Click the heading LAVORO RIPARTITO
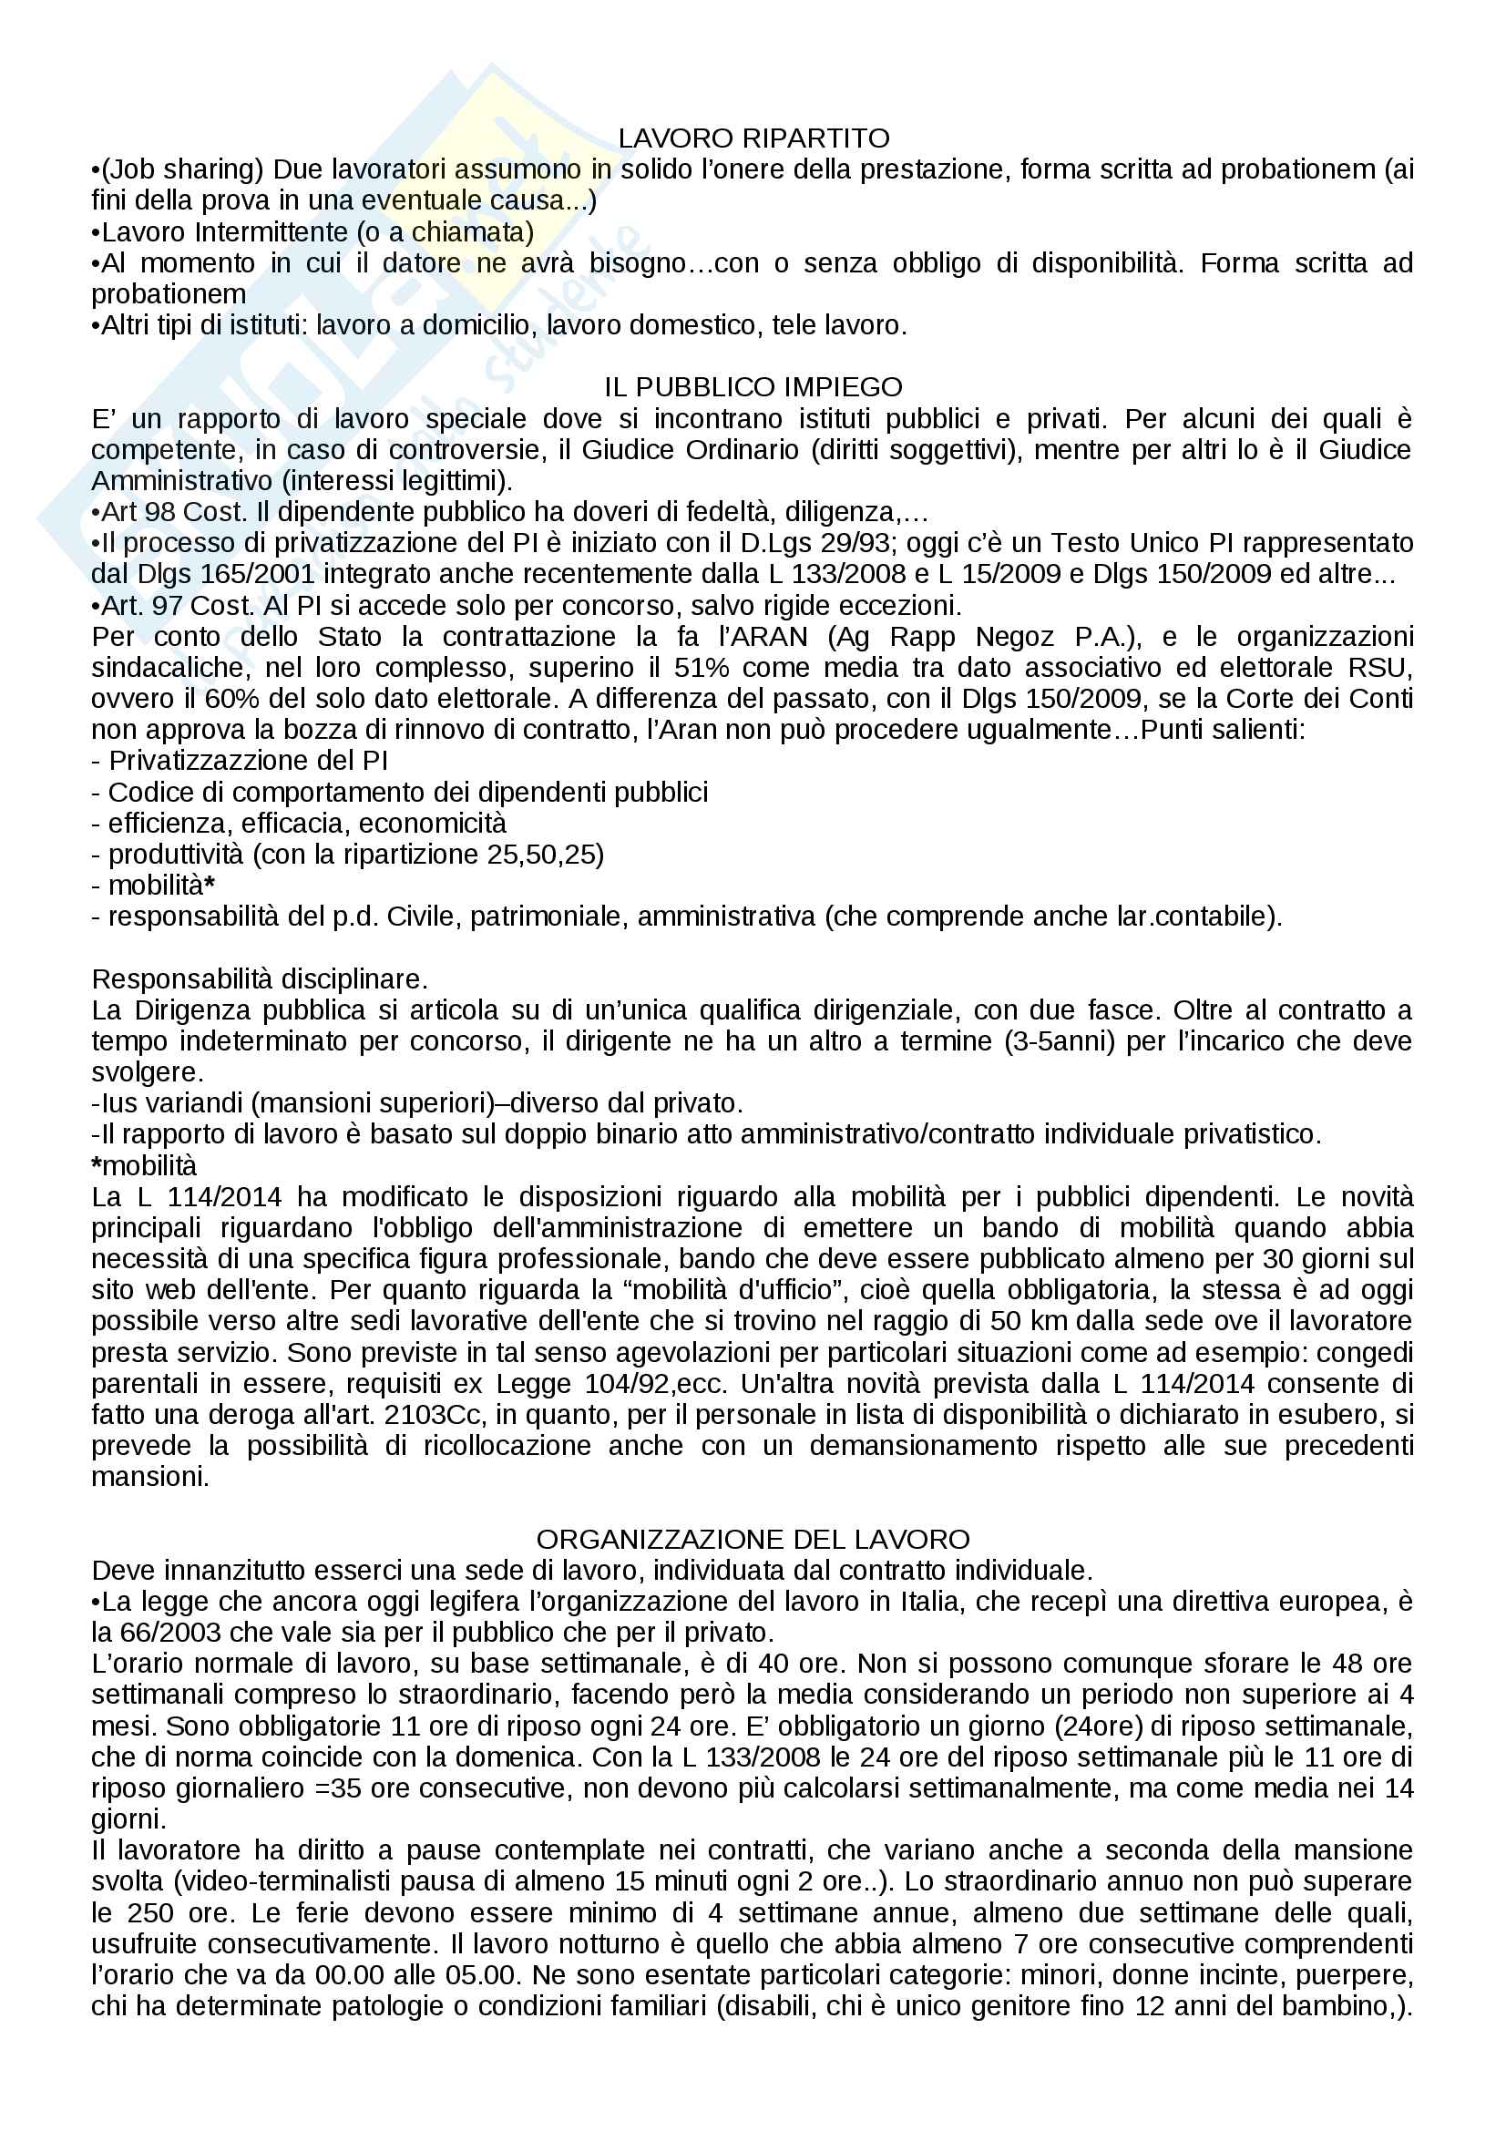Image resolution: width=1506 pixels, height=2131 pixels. (x=753, y=138)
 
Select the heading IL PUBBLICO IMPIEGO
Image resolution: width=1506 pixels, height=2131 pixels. (x=753, y=386)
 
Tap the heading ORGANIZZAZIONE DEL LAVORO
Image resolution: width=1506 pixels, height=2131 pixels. (x=753, y=1539)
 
